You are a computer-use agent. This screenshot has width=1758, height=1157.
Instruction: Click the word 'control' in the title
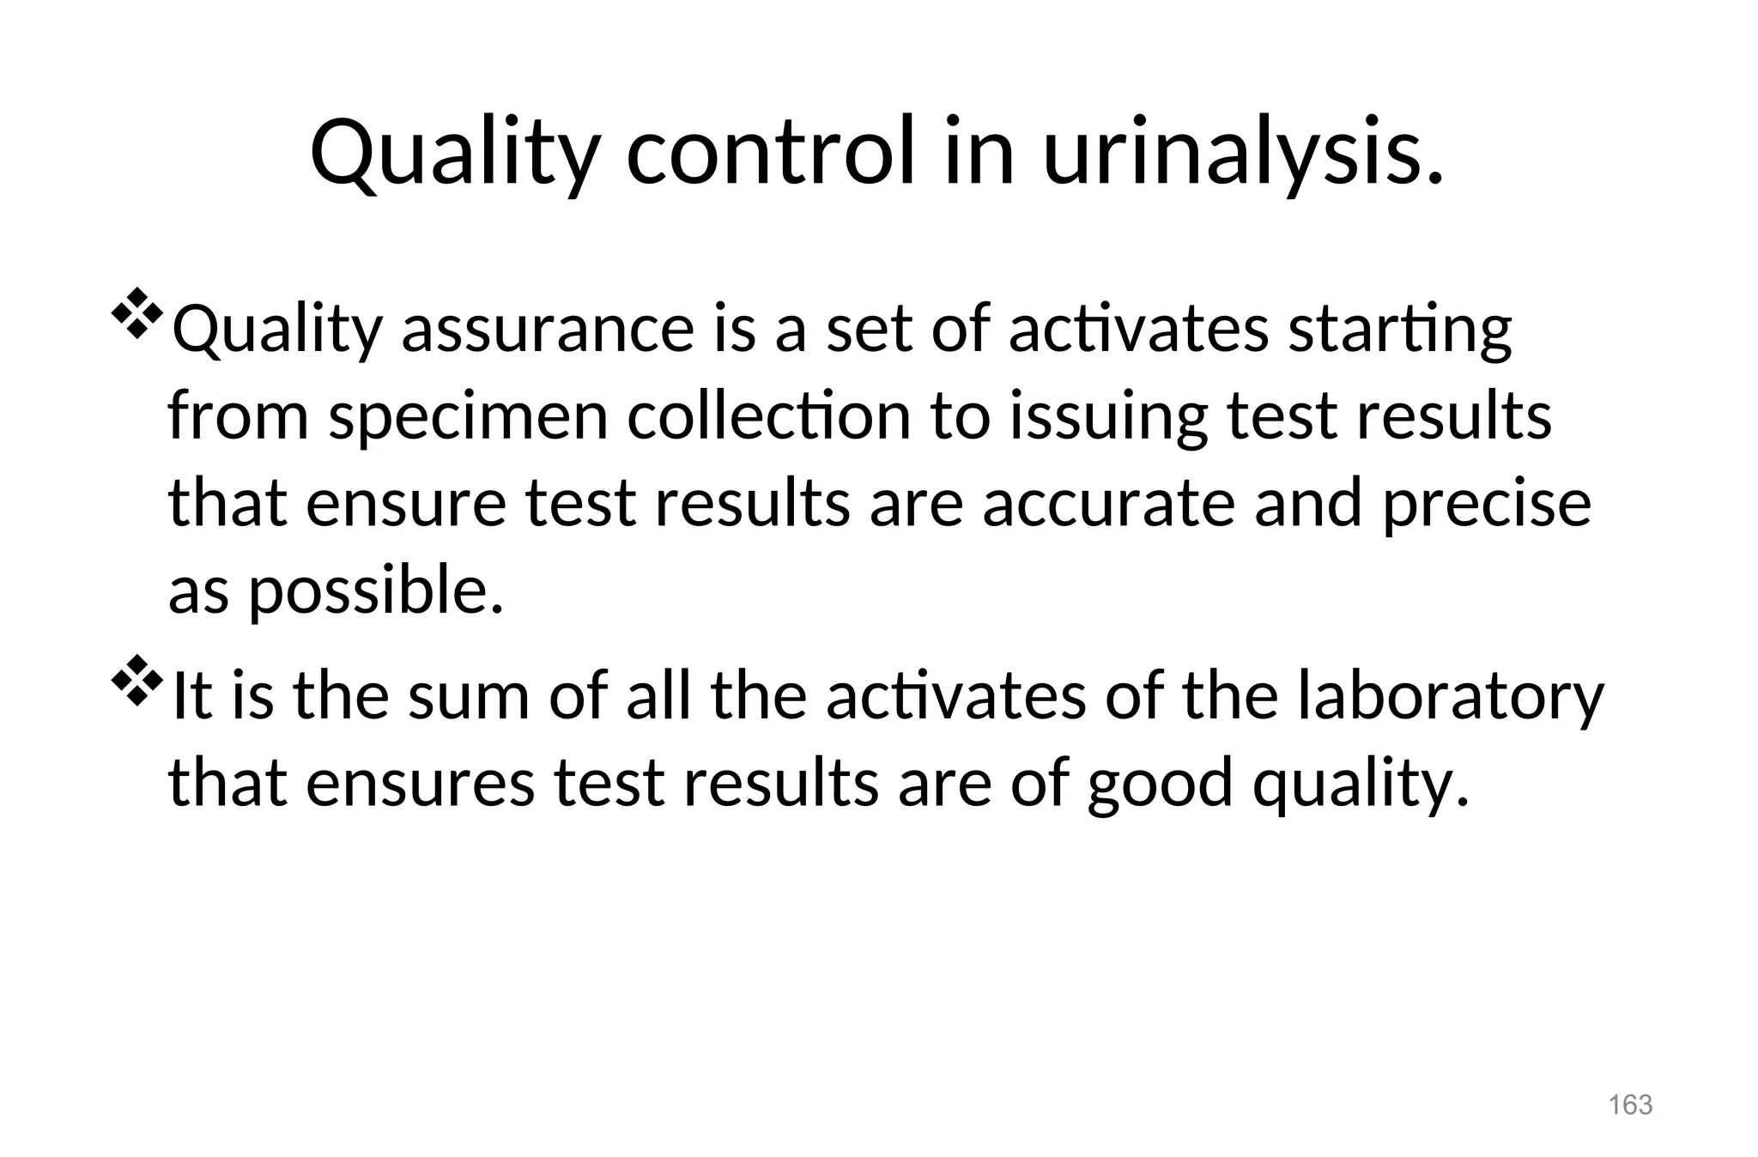[x=772, y=153]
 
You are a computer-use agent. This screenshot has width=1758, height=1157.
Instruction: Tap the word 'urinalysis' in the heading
[x=1242, y=153]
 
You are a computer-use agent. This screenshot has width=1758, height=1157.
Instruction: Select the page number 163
[x=1630, y=1105]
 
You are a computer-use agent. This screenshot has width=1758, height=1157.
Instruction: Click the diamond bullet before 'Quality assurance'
[x=136, y=315]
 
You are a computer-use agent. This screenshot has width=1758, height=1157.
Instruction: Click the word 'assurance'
[x=548, y=330]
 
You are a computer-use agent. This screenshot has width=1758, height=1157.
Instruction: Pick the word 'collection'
[x=768, y=417]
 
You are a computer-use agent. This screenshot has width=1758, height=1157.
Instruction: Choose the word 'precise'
[x=1486, y=505]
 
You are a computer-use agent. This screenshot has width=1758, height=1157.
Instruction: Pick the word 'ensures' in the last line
[x=420, y=783]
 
